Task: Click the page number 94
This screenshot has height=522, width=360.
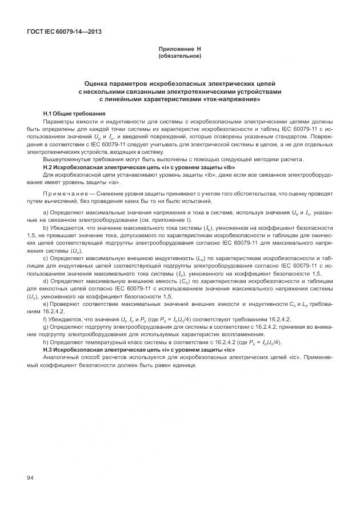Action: point(30,476)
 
